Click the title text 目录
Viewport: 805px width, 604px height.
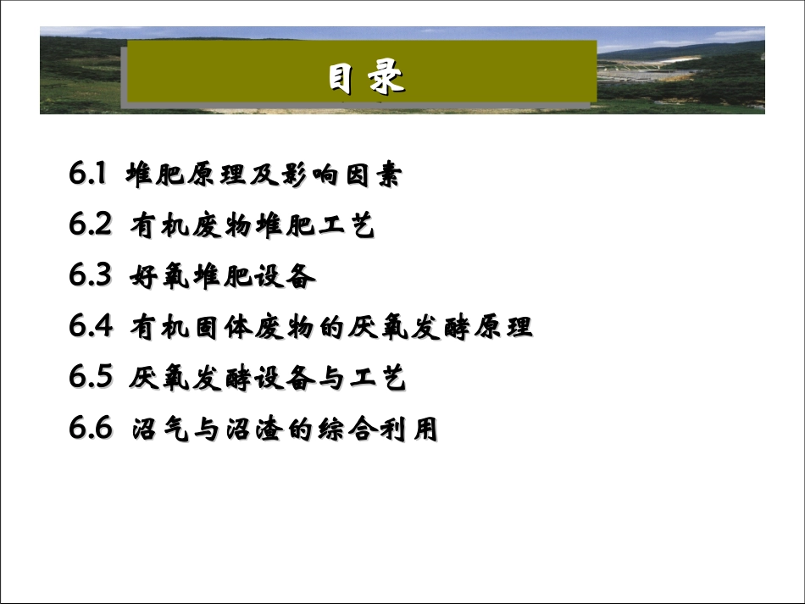coord(366,78)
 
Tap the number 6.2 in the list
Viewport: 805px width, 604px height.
coord(91,225)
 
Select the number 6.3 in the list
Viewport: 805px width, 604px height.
coord(91,276)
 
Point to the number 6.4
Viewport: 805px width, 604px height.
coord(91,327)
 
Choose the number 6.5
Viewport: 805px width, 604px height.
coord(91,378)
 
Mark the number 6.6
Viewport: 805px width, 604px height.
coord(91,429)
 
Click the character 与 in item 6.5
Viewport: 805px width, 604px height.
coord(323,379)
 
